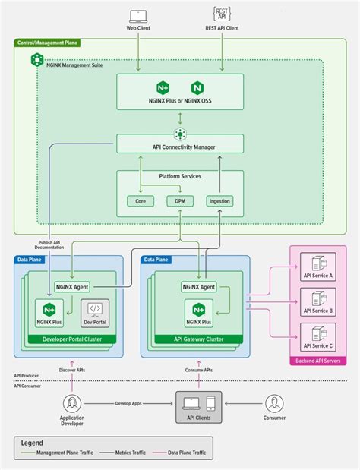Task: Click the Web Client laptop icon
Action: pos(137,14)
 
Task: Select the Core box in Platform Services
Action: pos(140,201)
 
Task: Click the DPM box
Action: pos(181,201)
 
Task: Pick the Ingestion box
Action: pos(219,201)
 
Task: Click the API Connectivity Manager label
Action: pos(180,147)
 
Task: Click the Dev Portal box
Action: pos(95,314)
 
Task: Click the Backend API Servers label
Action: pos(318,361)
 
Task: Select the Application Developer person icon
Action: pos(72,403)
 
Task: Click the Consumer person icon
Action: pos(274,403)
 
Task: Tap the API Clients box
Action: pos(199,408)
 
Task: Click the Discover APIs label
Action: pos(72,370)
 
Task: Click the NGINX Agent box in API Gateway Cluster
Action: pos(199,287)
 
